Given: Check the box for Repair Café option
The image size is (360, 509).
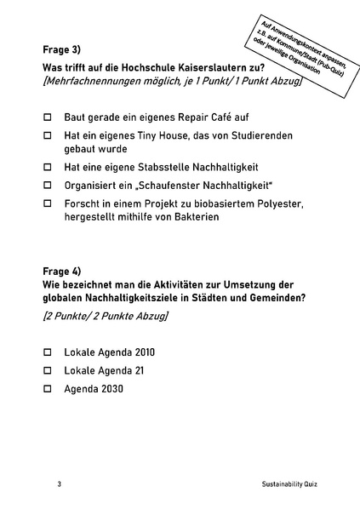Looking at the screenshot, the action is [48, 117].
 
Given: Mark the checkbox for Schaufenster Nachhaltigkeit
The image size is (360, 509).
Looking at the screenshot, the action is [48, 185].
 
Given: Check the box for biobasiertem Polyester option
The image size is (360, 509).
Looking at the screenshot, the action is [48, 203].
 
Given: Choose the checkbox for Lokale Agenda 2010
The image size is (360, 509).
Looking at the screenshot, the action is [48, 352].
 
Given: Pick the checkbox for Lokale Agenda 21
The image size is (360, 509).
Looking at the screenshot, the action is [48, 370].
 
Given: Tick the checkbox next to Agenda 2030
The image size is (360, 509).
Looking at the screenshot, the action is [48, 389].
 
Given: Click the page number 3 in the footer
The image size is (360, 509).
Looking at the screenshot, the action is [60, 483].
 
